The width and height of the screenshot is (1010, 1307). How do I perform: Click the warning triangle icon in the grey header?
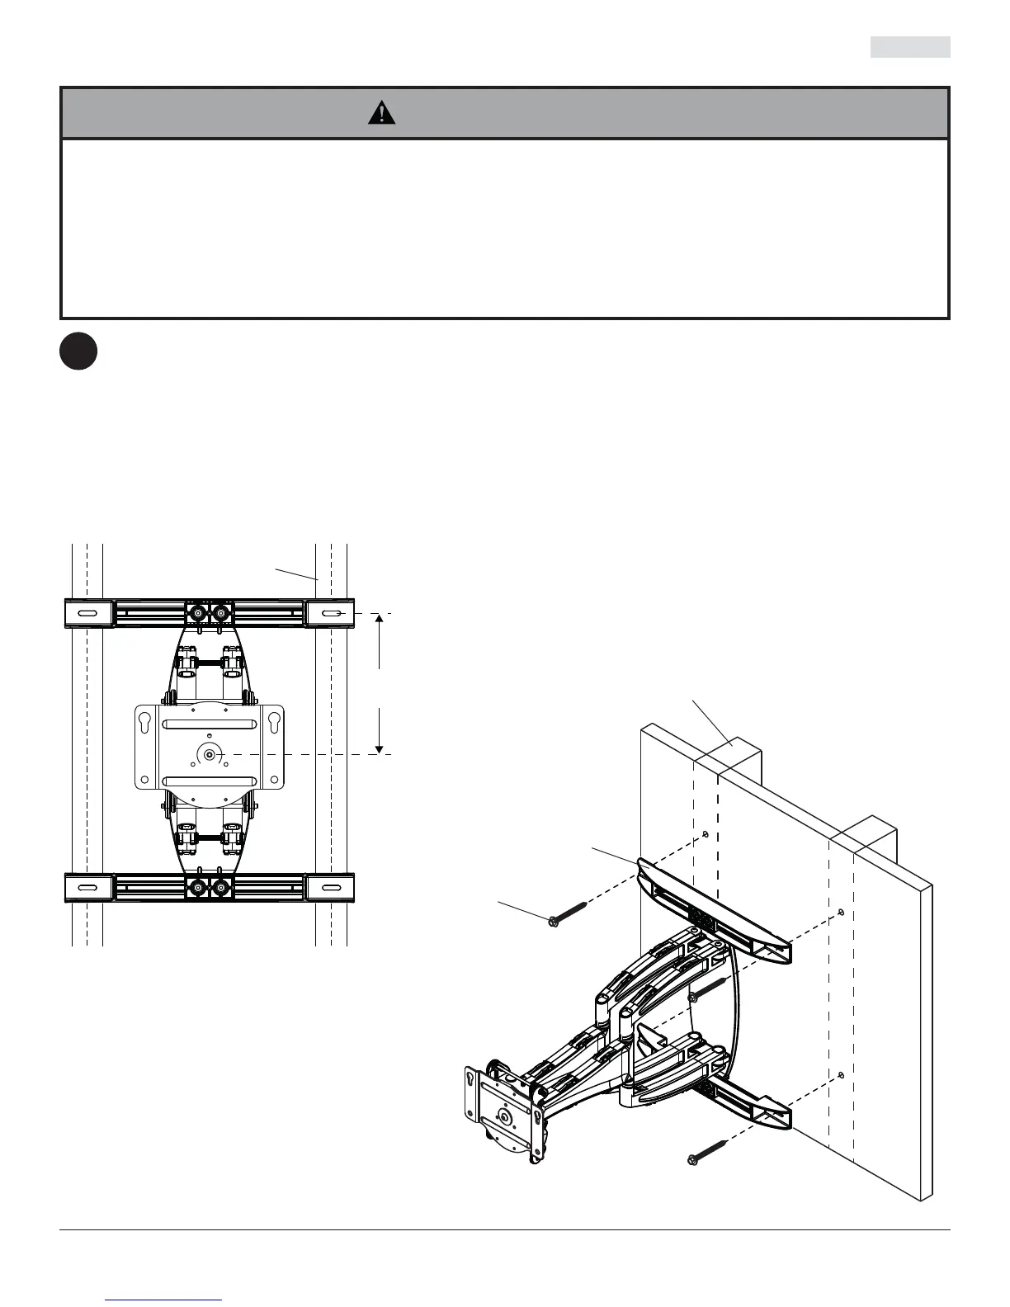(x=381, y=113)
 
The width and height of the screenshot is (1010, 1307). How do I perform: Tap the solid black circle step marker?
(x=78, y=351)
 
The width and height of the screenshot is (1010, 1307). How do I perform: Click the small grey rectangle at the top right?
(x=910, y=48)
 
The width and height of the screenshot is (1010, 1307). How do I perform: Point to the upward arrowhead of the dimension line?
(x=380, y=620)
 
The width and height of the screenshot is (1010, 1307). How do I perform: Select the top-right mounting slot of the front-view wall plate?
(x=330, y=614)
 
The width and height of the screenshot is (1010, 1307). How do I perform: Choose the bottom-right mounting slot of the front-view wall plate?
(x=330, y=888)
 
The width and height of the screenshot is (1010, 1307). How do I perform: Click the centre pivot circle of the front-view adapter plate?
(x=209, y=754)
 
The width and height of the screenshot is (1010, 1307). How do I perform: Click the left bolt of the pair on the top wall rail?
(x=198, y=614)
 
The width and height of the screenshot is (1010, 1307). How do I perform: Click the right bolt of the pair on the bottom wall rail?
(x=220, y=888)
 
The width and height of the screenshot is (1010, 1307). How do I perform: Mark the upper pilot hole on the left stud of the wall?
(x=707, y=833)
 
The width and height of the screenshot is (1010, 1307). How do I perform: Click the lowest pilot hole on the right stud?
(x=841, y=1074)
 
